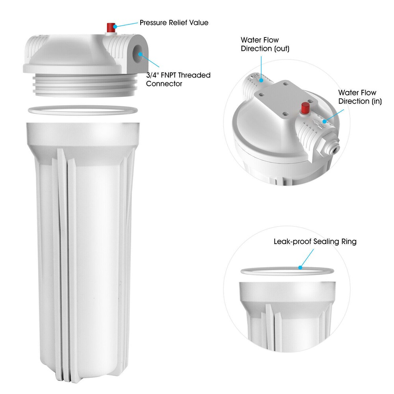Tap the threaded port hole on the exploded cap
pos(138,51)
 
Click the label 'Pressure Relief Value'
pos(174,23)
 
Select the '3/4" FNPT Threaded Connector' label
pos(178,79)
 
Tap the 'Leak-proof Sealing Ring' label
pos(315,242)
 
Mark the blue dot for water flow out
pos(261,80)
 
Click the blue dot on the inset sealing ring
pos(300,268)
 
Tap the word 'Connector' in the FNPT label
pos(164,84)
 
